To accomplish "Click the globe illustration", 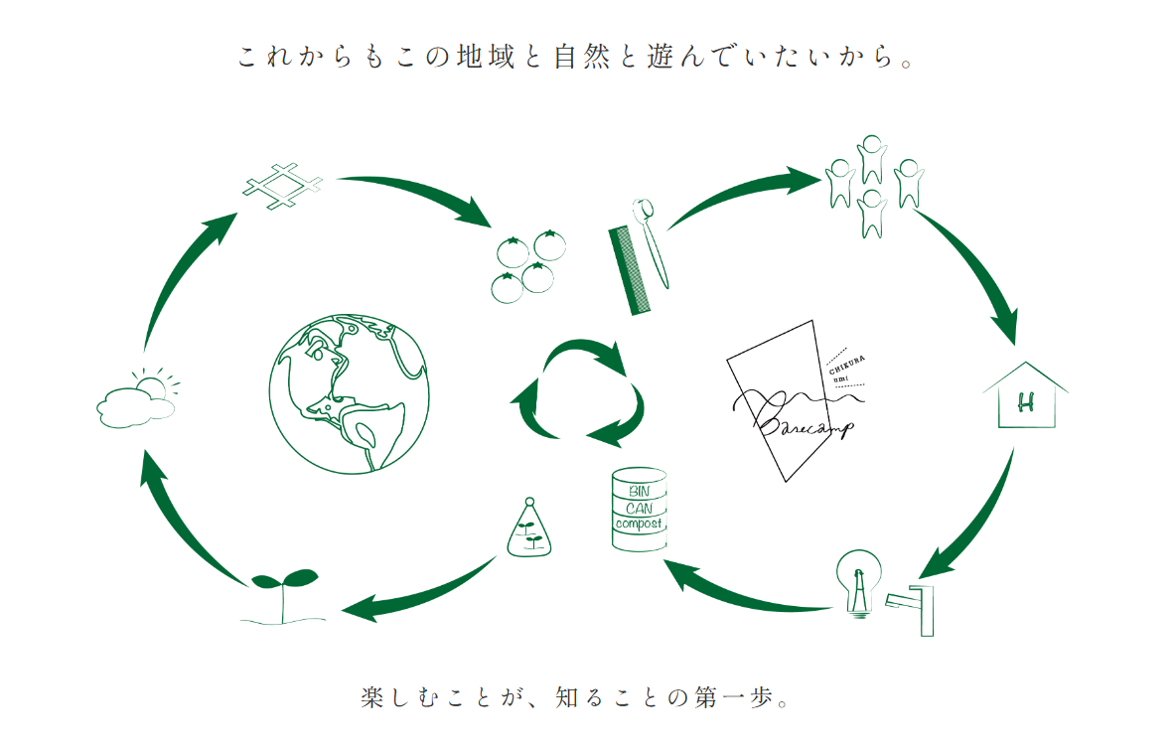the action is tap(350, 394).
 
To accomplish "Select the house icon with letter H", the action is tap(1025, 396).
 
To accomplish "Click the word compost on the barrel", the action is tap(639, 524).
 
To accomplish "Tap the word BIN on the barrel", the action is tap(640, 491).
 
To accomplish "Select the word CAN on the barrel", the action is tap(640, 508).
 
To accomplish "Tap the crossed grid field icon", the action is tap(282, 185).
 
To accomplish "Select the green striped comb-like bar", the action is tap(630, 270).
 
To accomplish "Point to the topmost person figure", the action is tap(871, 159).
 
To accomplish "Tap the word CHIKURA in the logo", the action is tap(847, 365).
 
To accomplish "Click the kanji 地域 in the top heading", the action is tap(487, 57).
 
